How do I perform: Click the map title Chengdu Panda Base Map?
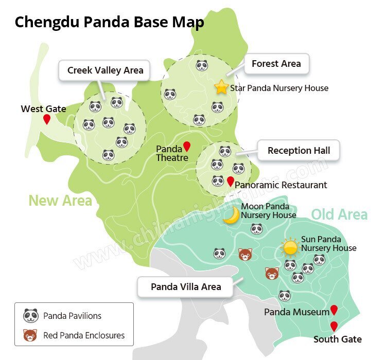click(109, 23)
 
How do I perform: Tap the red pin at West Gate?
click(47, 119)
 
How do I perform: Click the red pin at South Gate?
click(334, 326)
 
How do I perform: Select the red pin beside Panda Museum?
click(334, 310)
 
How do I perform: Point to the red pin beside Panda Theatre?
click(187, 146)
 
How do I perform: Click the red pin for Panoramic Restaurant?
click(231, 181)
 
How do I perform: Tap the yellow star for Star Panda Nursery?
click(221, 87)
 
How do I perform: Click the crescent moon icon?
click(232, 215)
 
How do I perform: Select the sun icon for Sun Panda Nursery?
click(291, 247)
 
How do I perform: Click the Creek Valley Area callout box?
click(105, 70)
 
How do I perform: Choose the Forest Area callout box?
click(276, 64)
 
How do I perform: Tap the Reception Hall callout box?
click(299, 151)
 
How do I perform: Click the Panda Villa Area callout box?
click(186, 286)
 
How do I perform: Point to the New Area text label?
click(60, 200)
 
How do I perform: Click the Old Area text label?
click(339, 214)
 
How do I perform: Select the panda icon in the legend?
click(31, 315)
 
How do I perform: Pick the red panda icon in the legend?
click(31, 335)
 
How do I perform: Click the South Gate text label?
click(338, 339)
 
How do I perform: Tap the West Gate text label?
click(43, 109)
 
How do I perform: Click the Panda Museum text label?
click(296, 312)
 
